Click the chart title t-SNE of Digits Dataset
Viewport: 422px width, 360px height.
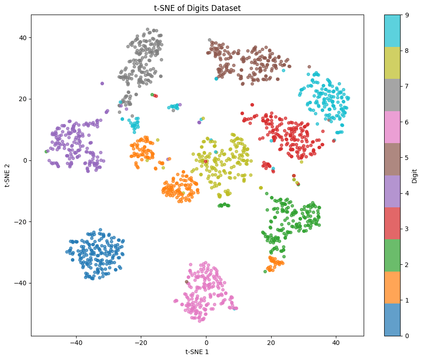(x=197, y=8)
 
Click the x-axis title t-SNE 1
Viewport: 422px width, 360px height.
(x=197, y=352)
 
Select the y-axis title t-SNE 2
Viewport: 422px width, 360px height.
(x=7, y=175)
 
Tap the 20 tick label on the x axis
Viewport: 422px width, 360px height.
(x=271, y=343)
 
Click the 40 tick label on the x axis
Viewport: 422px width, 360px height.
(x=336, y=343)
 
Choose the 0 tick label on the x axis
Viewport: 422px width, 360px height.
(x=206, y=343)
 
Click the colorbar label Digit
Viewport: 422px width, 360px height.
(x=414, y=175)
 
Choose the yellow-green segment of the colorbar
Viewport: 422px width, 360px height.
(x=392, y=63)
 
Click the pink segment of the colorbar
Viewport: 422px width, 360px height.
(x=392, y=127)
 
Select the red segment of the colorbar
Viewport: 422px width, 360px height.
(x=392, y=223)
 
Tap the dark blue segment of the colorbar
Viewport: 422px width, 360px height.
(x=392, y=319)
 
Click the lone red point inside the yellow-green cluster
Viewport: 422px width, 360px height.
(x=206, y=161)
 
